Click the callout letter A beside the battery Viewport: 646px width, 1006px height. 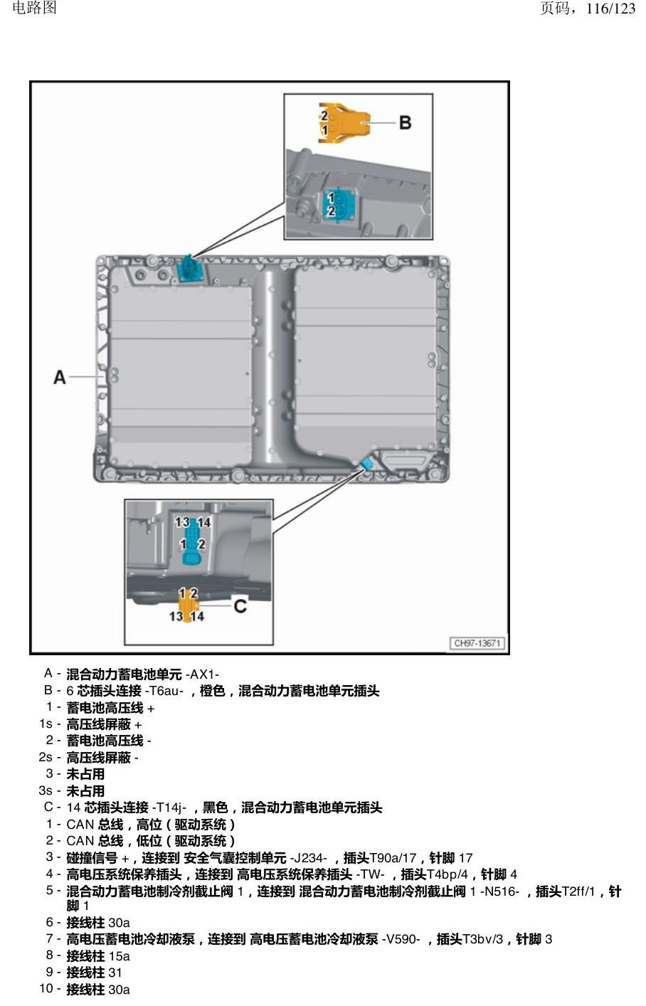pyautogui.click(x=59, y=377)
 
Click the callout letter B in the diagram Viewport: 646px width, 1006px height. pyautogui.click(x=406, y=122)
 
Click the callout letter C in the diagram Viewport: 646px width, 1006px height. pyautogui.click(x=240, y=606)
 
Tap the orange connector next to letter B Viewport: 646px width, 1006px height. pyautogui.click(x=344, y=122)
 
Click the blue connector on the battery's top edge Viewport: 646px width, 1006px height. pyautogui.click(x=191, y=268)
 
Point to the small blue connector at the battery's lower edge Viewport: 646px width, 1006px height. pyautogui.click(x=367, y=463)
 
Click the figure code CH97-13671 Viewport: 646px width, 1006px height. pyautogui.click(x=477, y=643)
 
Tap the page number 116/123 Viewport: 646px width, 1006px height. pyautogui.click(x=610, y=9)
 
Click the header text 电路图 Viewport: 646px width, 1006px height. pyautogui.click(x=35, y=8)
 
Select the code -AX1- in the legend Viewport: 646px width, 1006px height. pyautogui.click(x=202, y=674)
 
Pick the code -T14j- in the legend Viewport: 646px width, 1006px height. pyautogui.click(x=169, y=808)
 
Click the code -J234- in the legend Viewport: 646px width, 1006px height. pyautogui.click(x=308, y=858)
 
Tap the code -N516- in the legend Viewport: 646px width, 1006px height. pyautogui.click(x=499, y=891)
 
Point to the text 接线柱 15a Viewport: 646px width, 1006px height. pyautogui.click(x=98, y=956)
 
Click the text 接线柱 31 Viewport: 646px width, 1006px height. pyautogui.click(x=94, y=973)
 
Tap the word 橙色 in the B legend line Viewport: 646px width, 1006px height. pyautogui.click(x=212, y=691)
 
